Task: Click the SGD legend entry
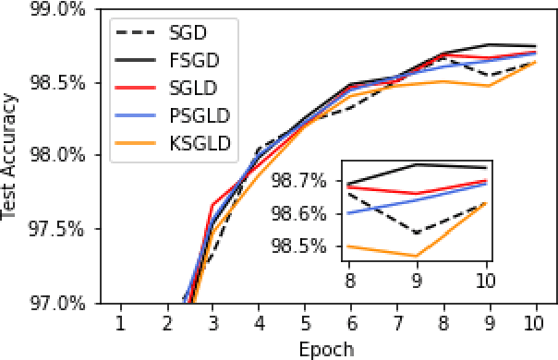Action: (x=184, y=32)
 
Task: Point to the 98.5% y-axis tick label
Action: (x=58, y=82)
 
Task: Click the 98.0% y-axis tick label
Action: (x=58, y=155)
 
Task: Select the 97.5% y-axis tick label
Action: (x=58, y=229)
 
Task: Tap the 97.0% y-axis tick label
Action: (x=58, y=302)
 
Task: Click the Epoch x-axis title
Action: (x=326, y=350)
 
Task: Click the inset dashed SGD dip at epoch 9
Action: (x=416, y=233)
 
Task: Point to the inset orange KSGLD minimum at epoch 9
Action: (x=416, y=256)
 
